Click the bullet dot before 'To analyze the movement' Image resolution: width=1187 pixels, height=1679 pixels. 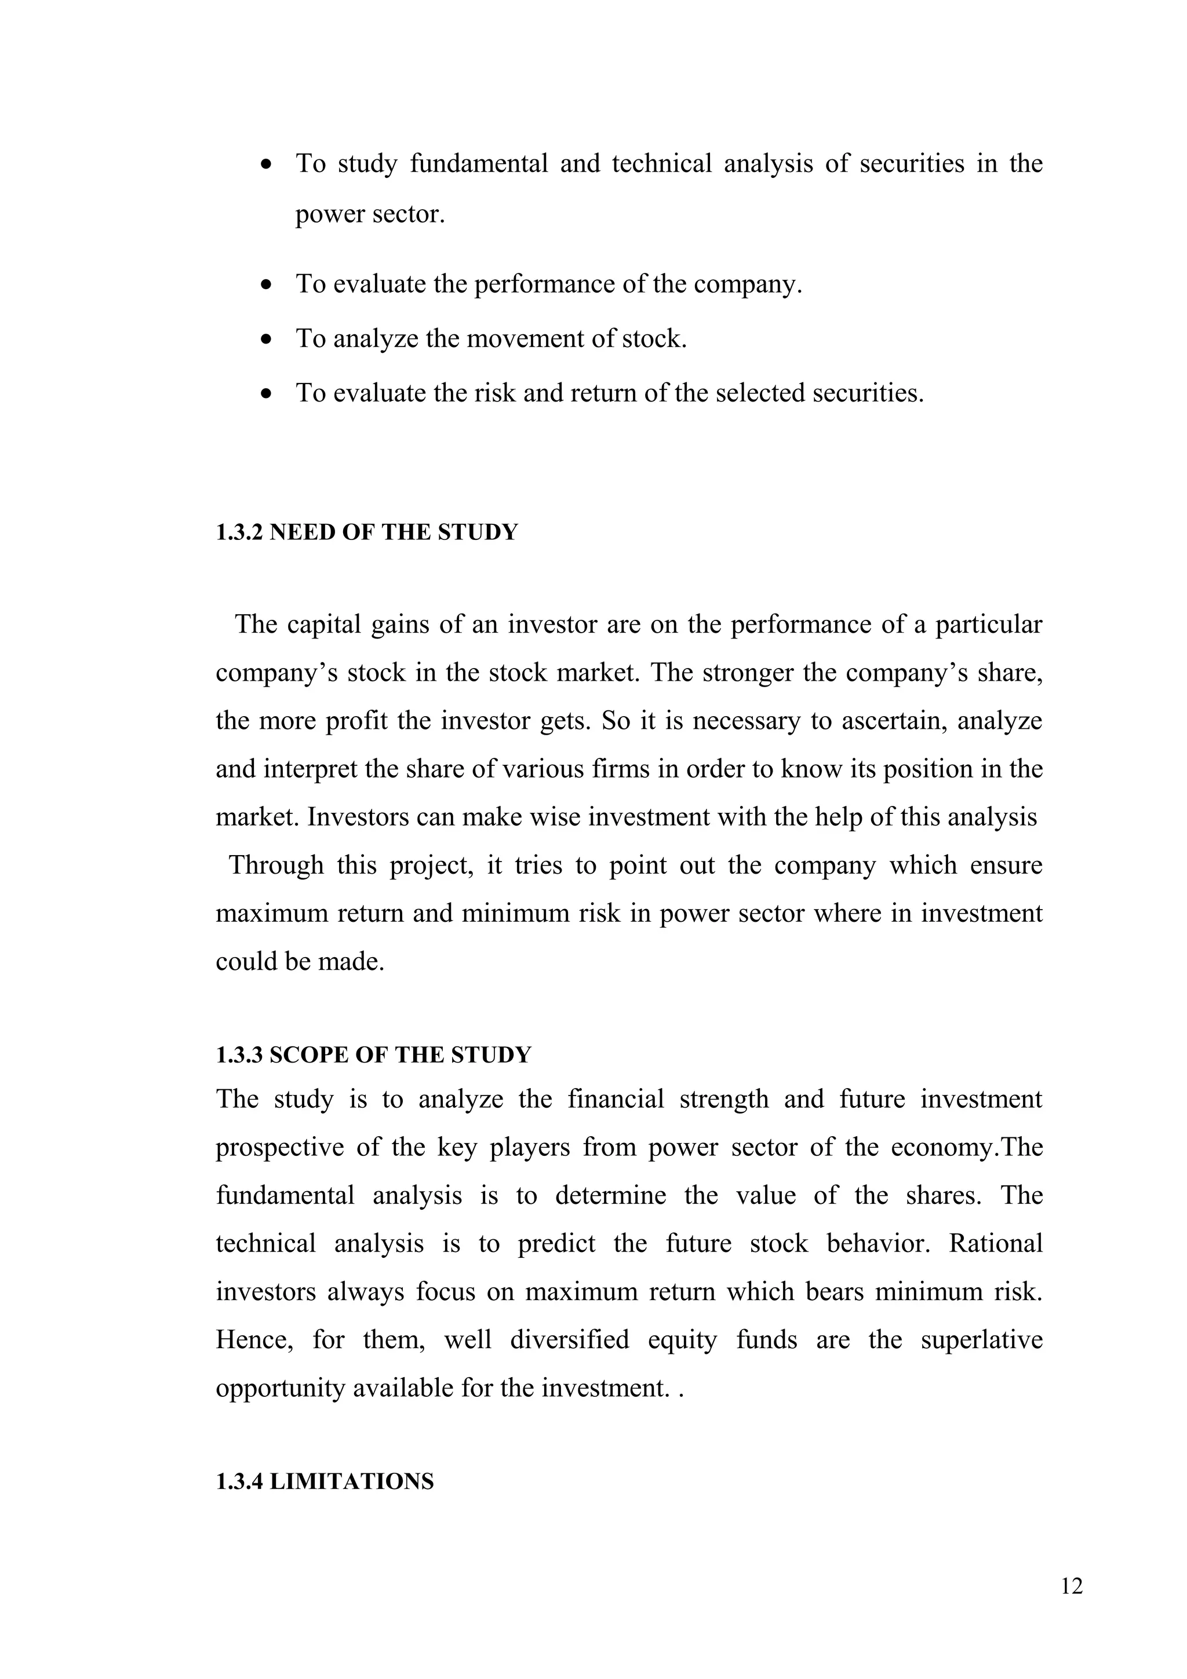(x=267, y=340)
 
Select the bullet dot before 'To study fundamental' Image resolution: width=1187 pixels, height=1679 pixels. (x=267, y=165)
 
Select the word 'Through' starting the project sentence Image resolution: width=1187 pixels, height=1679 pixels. (x=276, y=866)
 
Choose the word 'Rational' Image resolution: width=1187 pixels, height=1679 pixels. (x=995, y=1244)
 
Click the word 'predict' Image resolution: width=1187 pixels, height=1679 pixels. (x=556, y=1244)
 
